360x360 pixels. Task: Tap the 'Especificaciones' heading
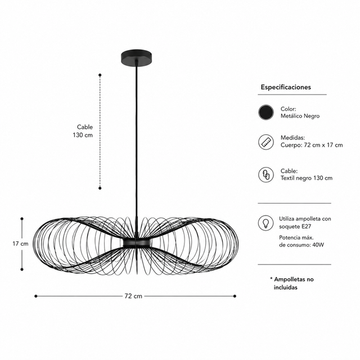[x=286, y=87]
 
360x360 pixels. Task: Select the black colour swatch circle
[x=266, y=112]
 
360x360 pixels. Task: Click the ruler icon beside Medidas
[x=266, y=142]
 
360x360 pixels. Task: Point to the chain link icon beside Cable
[x=266, y=175]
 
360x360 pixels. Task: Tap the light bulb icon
[x=265, y=223]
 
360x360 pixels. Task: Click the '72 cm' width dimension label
[x=133, y=296]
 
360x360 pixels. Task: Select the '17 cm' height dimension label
[x=20, y=244]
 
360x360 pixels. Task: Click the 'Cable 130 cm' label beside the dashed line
[x=83, y=131]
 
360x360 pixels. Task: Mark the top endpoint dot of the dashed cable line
[x=100, y=75]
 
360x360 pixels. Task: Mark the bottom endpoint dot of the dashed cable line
[x=100, y=188]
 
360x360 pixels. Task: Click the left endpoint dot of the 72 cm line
[x=36, y=296]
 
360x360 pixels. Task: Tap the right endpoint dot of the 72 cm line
[x=235, y=296]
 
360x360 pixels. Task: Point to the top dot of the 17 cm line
[x=22, y=219]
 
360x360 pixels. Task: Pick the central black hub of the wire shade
[x=137, y=243]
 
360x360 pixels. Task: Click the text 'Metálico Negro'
[x=300, y=116]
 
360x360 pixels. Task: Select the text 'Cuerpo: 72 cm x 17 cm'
[x=312, y=145]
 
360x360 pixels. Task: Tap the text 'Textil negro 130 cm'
[x=307, y=178]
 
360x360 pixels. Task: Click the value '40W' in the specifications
[x=318, y=245]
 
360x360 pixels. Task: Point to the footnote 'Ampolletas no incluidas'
[x=292, y=283]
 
